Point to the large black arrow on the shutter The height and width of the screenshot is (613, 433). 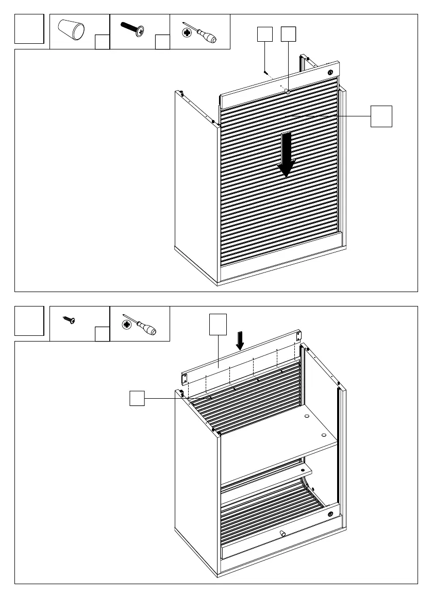point(286,154)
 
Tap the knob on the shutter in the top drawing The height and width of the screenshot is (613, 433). point(287,91)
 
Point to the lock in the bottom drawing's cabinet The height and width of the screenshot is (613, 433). point(330,514)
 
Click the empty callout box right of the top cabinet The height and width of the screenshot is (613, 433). point(381,116)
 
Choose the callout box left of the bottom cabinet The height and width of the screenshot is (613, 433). point(137,398)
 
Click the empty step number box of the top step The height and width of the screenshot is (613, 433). point(29,29)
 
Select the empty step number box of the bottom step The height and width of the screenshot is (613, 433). point(29,320)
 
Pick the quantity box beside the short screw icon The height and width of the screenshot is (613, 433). point(102,334)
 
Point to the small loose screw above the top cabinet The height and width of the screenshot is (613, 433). point(264,73)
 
